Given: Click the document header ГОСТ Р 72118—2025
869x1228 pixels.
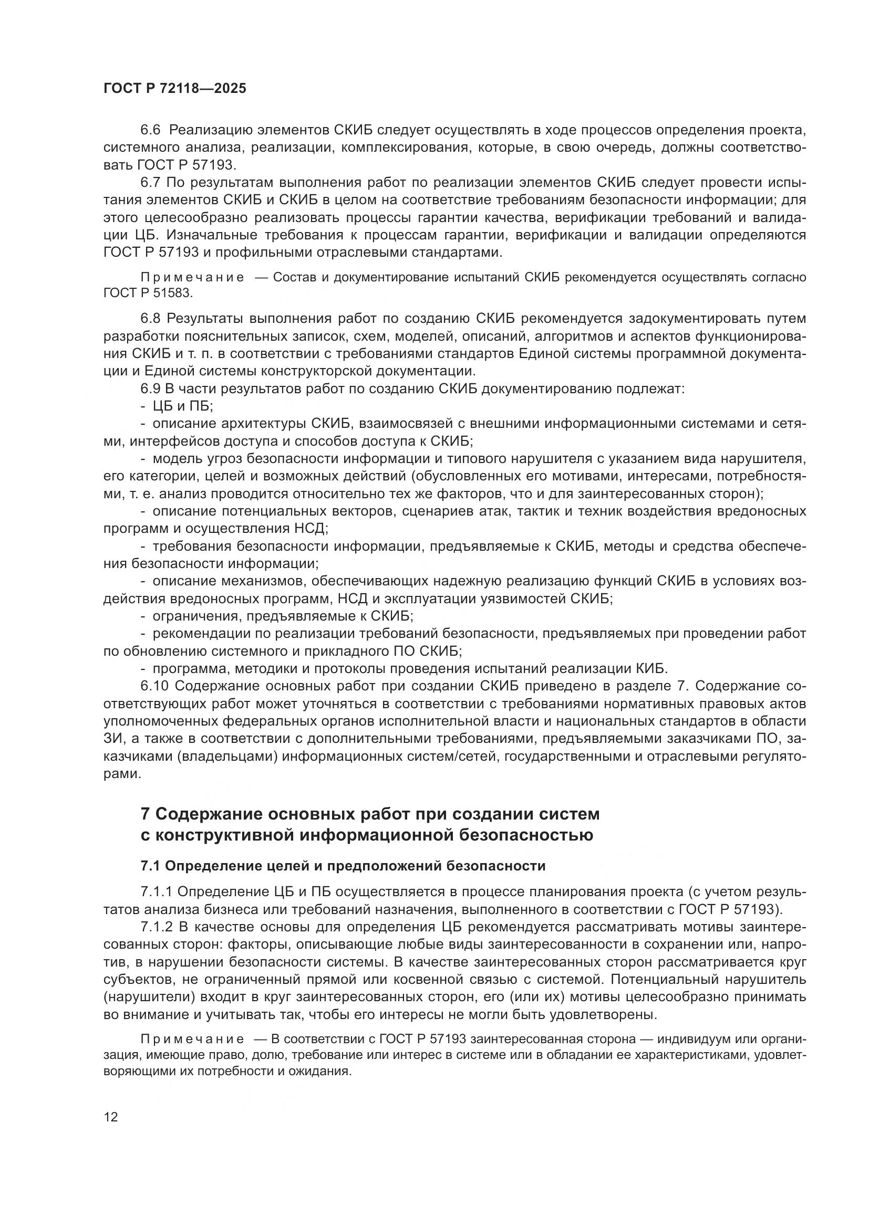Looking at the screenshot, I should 175,89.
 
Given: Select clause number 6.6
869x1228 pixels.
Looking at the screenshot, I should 150,130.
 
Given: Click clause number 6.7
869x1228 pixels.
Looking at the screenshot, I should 150,182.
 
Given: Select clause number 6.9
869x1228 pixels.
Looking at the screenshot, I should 150,389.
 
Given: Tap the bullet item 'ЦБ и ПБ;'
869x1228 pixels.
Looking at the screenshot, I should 182,406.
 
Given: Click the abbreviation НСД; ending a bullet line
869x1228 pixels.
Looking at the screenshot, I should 311,529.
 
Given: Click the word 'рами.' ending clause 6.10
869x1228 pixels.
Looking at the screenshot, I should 122,774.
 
